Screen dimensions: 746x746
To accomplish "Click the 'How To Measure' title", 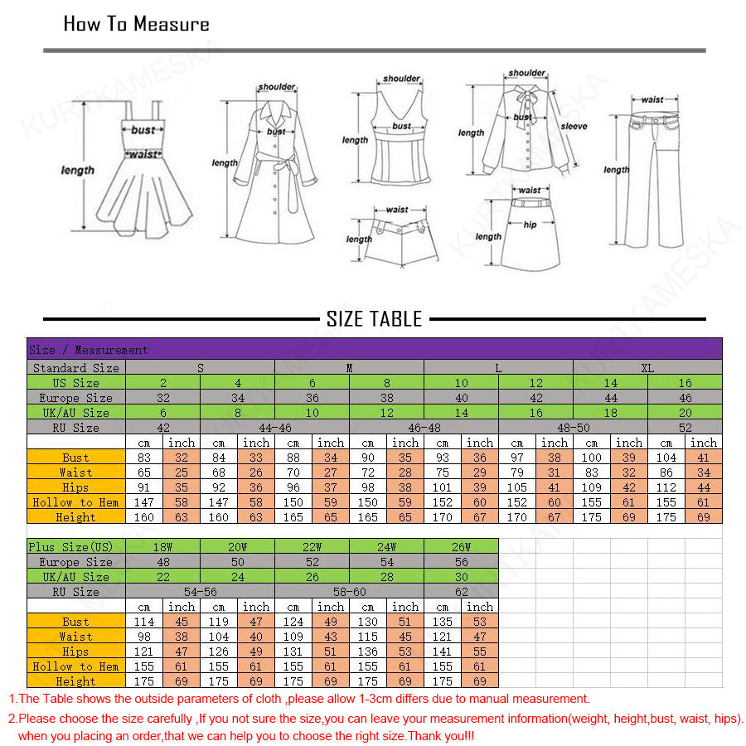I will tap(137, 24).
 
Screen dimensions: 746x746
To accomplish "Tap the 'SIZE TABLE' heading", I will tap(374, 319).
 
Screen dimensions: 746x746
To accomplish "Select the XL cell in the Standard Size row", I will tap(647, 367).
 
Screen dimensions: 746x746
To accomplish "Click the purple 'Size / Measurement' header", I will tap(88, 350).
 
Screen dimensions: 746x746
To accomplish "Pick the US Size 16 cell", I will tap(685, 383).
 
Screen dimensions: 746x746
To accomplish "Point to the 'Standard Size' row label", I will tap(76, 367).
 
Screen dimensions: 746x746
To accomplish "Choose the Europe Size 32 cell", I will tap(162, 398).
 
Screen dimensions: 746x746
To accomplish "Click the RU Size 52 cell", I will tap(685, 428).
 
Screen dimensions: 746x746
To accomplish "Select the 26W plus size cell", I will tap(461, 547).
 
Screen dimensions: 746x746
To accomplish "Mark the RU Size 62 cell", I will tap(461, 592).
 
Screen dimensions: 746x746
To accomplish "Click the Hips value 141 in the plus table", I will tap(443, 652).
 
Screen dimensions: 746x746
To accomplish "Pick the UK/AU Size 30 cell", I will tap(461, 577).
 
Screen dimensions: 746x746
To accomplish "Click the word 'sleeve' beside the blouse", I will tap(574, 127).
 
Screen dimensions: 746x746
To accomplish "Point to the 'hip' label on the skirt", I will tap(530, 225).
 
